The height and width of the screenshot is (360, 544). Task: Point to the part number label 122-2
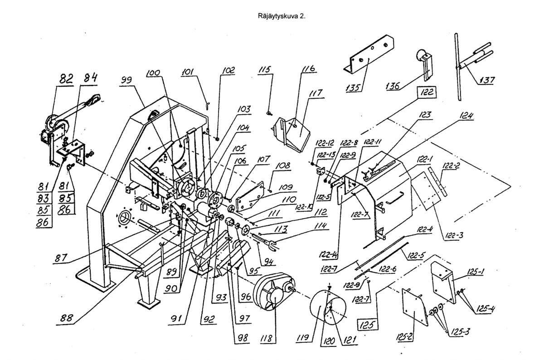click(x=453, y=167)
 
